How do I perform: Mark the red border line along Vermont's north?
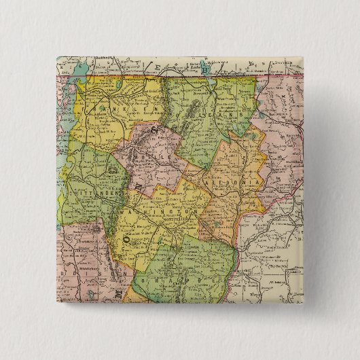coord(170,76)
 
